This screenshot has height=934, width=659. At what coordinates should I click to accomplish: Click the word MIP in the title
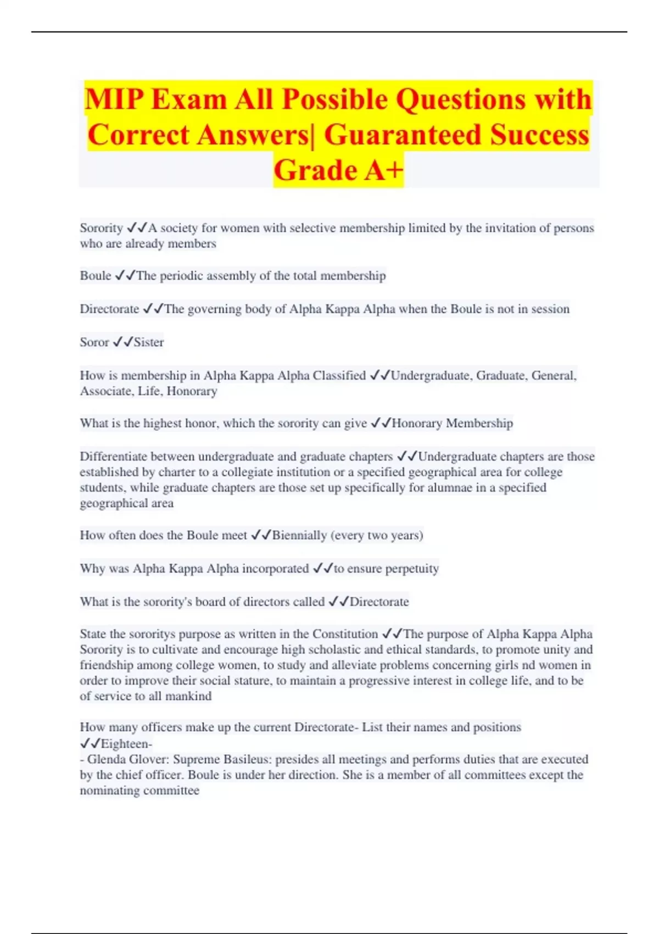coord(114,99)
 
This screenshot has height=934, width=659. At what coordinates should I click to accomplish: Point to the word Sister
coord(149,342)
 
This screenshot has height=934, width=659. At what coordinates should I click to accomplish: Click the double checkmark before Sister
coord(122,342)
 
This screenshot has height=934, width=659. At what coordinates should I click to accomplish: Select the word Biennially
coord(299,535)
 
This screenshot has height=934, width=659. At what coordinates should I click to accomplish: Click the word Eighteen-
coord(126,744)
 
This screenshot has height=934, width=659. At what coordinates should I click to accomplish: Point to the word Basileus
coord(247,760)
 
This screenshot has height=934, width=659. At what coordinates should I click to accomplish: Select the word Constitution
coord(345,634)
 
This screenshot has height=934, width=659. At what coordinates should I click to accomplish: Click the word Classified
coord(339,376)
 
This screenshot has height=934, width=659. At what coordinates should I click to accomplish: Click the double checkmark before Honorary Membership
coord(381,424)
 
